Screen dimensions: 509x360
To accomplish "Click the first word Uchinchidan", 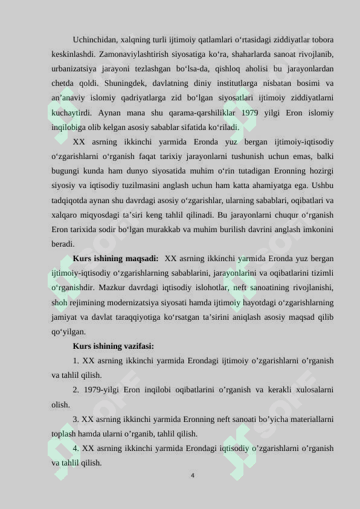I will pos(94,40).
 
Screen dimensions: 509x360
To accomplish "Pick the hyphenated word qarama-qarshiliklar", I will pos(193,113).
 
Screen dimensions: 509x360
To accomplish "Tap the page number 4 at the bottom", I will pos(192,476).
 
